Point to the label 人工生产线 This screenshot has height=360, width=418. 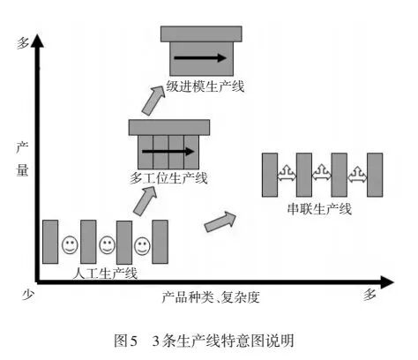(x=105, y=273)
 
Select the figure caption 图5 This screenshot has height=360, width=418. (x=129, y=340)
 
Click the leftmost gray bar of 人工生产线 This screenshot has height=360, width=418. (x=50, y=241)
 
